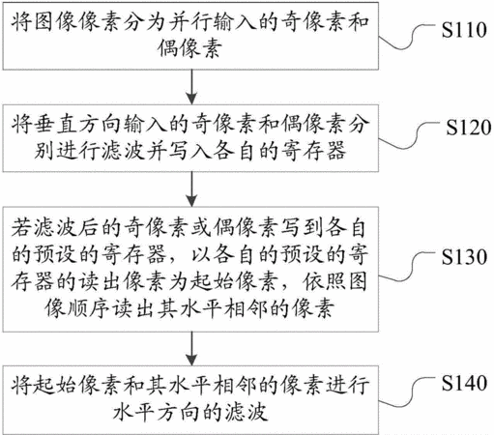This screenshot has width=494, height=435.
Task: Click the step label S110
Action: (x=464, y=30)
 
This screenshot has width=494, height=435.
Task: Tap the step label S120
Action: (x=469, y=128)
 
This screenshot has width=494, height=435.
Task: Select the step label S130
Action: (x=464, y=257)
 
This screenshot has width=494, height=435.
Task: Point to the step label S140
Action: (x=464, y=383)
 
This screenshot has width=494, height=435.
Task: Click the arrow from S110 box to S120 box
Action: (x=191, y=87)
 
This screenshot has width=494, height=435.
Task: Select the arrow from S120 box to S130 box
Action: (x=191, y=188)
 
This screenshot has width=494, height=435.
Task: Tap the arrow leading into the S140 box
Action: (x=191, y=349)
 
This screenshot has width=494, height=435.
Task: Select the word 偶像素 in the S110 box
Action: (x=190, y=48)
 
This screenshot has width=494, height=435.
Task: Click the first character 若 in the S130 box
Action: (x=21, y=228)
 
